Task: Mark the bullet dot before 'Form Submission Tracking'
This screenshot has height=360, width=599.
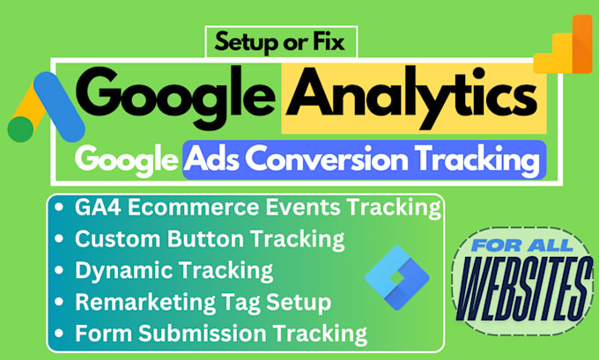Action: tap(59, 334)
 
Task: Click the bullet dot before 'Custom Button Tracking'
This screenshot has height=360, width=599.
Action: tap(59, 239)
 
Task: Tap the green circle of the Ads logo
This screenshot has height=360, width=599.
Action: tap(20, 129)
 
